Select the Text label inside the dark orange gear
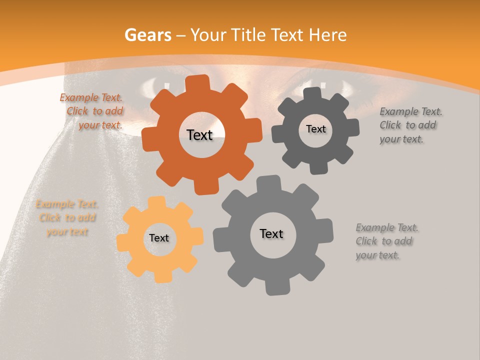pos(199,135)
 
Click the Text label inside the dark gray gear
pos(315,129)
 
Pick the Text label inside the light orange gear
pos(159,238)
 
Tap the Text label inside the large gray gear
pos(271,233)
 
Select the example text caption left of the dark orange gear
pos(93,111)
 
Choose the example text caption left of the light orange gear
pos(67,218)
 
